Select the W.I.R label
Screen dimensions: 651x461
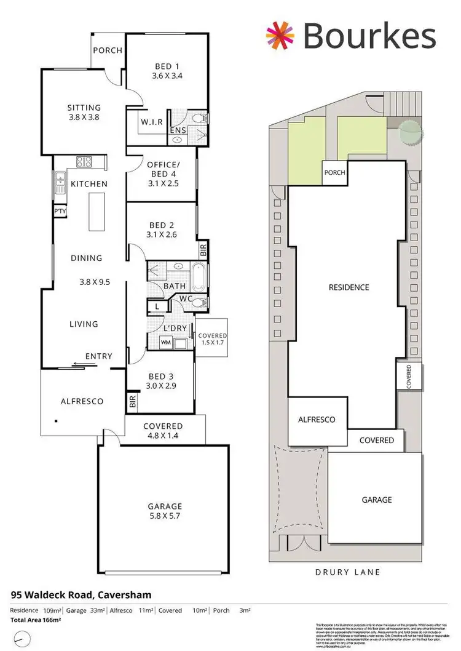tap(151, 122)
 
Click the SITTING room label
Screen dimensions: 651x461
tap(84, 108)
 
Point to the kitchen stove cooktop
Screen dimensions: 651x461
tap(84, 162)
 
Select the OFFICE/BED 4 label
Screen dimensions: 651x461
tap(162, 164)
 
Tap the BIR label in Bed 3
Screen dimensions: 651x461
tap(132, 402)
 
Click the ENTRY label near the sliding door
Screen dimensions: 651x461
tap(99, 356)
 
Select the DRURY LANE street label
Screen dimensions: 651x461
tap(347, 572)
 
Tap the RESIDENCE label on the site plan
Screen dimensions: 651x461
tap(349, 287)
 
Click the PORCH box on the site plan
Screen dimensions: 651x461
tap(334, 173)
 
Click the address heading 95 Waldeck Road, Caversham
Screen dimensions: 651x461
tap(81, 595)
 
